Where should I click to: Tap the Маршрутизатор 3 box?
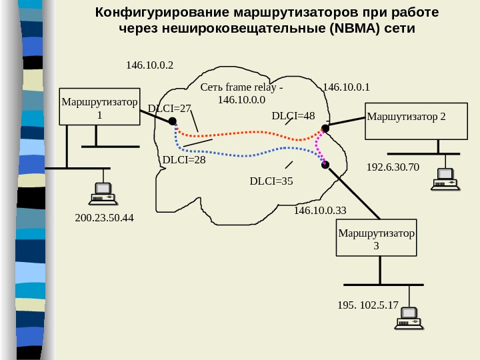point(376,238)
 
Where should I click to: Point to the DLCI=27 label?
point(169,108)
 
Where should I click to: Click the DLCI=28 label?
point(184,160)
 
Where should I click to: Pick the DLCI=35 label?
point(271,180)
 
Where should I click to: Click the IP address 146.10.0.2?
point(149,65)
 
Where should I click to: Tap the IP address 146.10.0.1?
point(346,87)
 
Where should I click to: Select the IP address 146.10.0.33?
point(320,211)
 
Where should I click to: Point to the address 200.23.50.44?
point(104,218)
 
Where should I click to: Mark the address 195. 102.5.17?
point(368,305)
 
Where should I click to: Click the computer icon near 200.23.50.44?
point(103,193)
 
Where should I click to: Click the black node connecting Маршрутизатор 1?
point(172,121)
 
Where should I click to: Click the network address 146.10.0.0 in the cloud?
point(241,99)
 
